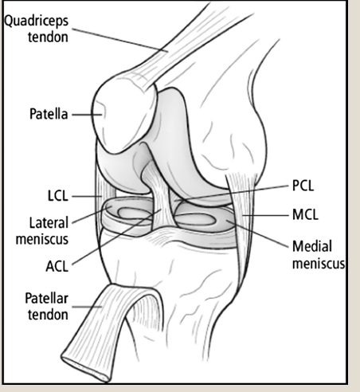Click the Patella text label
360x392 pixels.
coord(49,114)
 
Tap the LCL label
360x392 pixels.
coord(58,196)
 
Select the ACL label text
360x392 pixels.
coord(57,266)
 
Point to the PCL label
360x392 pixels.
coord(303,186)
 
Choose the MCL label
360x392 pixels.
coord(305,214)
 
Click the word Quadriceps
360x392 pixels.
coord(37,22)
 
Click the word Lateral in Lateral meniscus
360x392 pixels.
coord(49,222)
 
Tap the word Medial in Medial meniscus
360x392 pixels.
coord(312,246)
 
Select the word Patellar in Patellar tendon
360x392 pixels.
coord(46,298)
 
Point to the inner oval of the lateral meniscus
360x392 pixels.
coord(133,214)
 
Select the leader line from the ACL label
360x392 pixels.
coord(116,237)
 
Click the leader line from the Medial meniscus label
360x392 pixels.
coord(257,233)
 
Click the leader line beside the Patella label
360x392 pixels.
coord(87,115)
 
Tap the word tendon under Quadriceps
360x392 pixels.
coord(48,37)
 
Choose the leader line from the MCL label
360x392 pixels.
coord(265,215)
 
